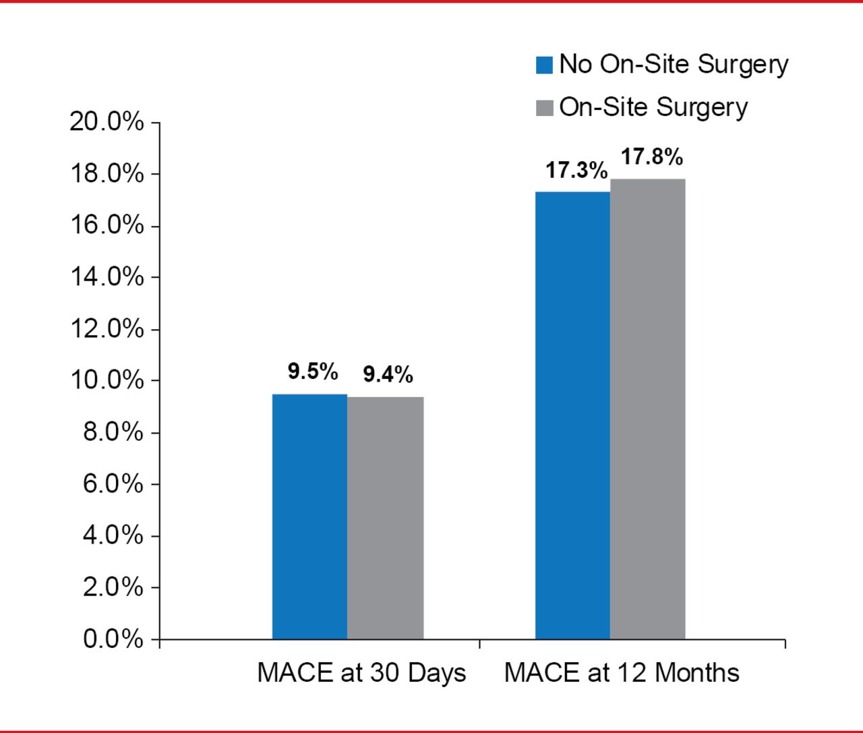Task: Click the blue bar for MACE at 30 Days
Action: click(x=309, y=517)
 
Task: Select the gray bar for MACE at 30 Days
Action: click(x=385, y=518)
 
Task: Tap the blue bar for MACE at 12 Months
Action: click(x=572, y=415)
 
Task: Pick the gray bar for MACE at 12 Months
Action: click(x=647, y=409)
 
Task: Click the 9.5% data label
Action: click(x=313, y=371)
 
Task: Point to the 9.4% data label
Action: click(x=388, y=374)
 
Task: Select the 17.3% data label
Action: click(x=576, y=170)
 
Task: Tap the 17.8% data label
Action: click(x=651, y=156)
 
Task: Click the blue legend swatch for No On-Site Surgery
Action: click(x=544, y=65)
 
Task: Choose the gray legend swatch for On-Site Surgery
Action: click(x=544, y=108)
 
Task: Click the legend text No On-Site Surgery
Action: click(x=674, y=65)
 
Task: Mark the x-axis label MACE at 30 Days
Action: click(x=361, y=673)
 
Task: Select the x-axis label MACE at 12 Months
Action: click(x=622, y=673)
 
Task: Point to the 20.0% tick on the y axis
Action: click(x=107, y=122)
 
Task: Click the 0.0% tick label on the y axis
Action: click(x=113, y=639)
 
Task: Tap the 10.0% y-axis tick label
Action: click(x=107, y=380)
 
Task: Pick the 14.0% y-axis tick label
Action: click(x=107, y=276)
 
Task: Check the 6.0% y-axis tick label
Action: click(x=113, y=483)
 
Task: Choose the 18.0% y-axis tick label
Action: click(x=107, y=174)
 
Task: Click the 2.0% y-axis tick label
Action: click(x=113, y=587)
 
